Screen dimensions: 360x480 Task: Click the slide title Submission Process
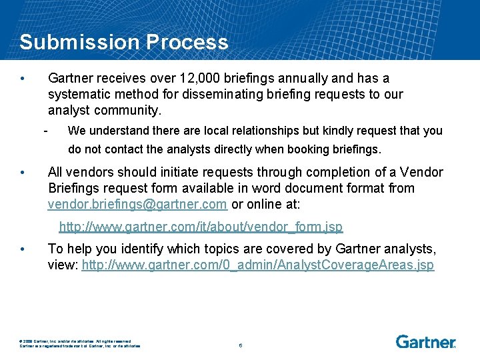pos(124,42)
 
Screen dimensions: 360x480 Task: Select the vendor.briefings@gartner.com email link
pos(137,204)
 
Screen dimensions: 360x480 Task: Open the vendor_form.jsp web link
pos(201,227)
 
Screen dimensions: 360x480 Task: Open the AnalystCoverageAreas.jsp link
pos(257,265)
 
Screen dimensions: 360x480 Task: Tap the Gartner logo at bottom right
pos(425,342)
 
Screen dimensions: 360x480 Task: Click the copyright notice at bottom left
pos(80,343)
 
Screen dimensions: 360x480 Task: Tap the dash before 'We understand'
pos(45,129)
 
